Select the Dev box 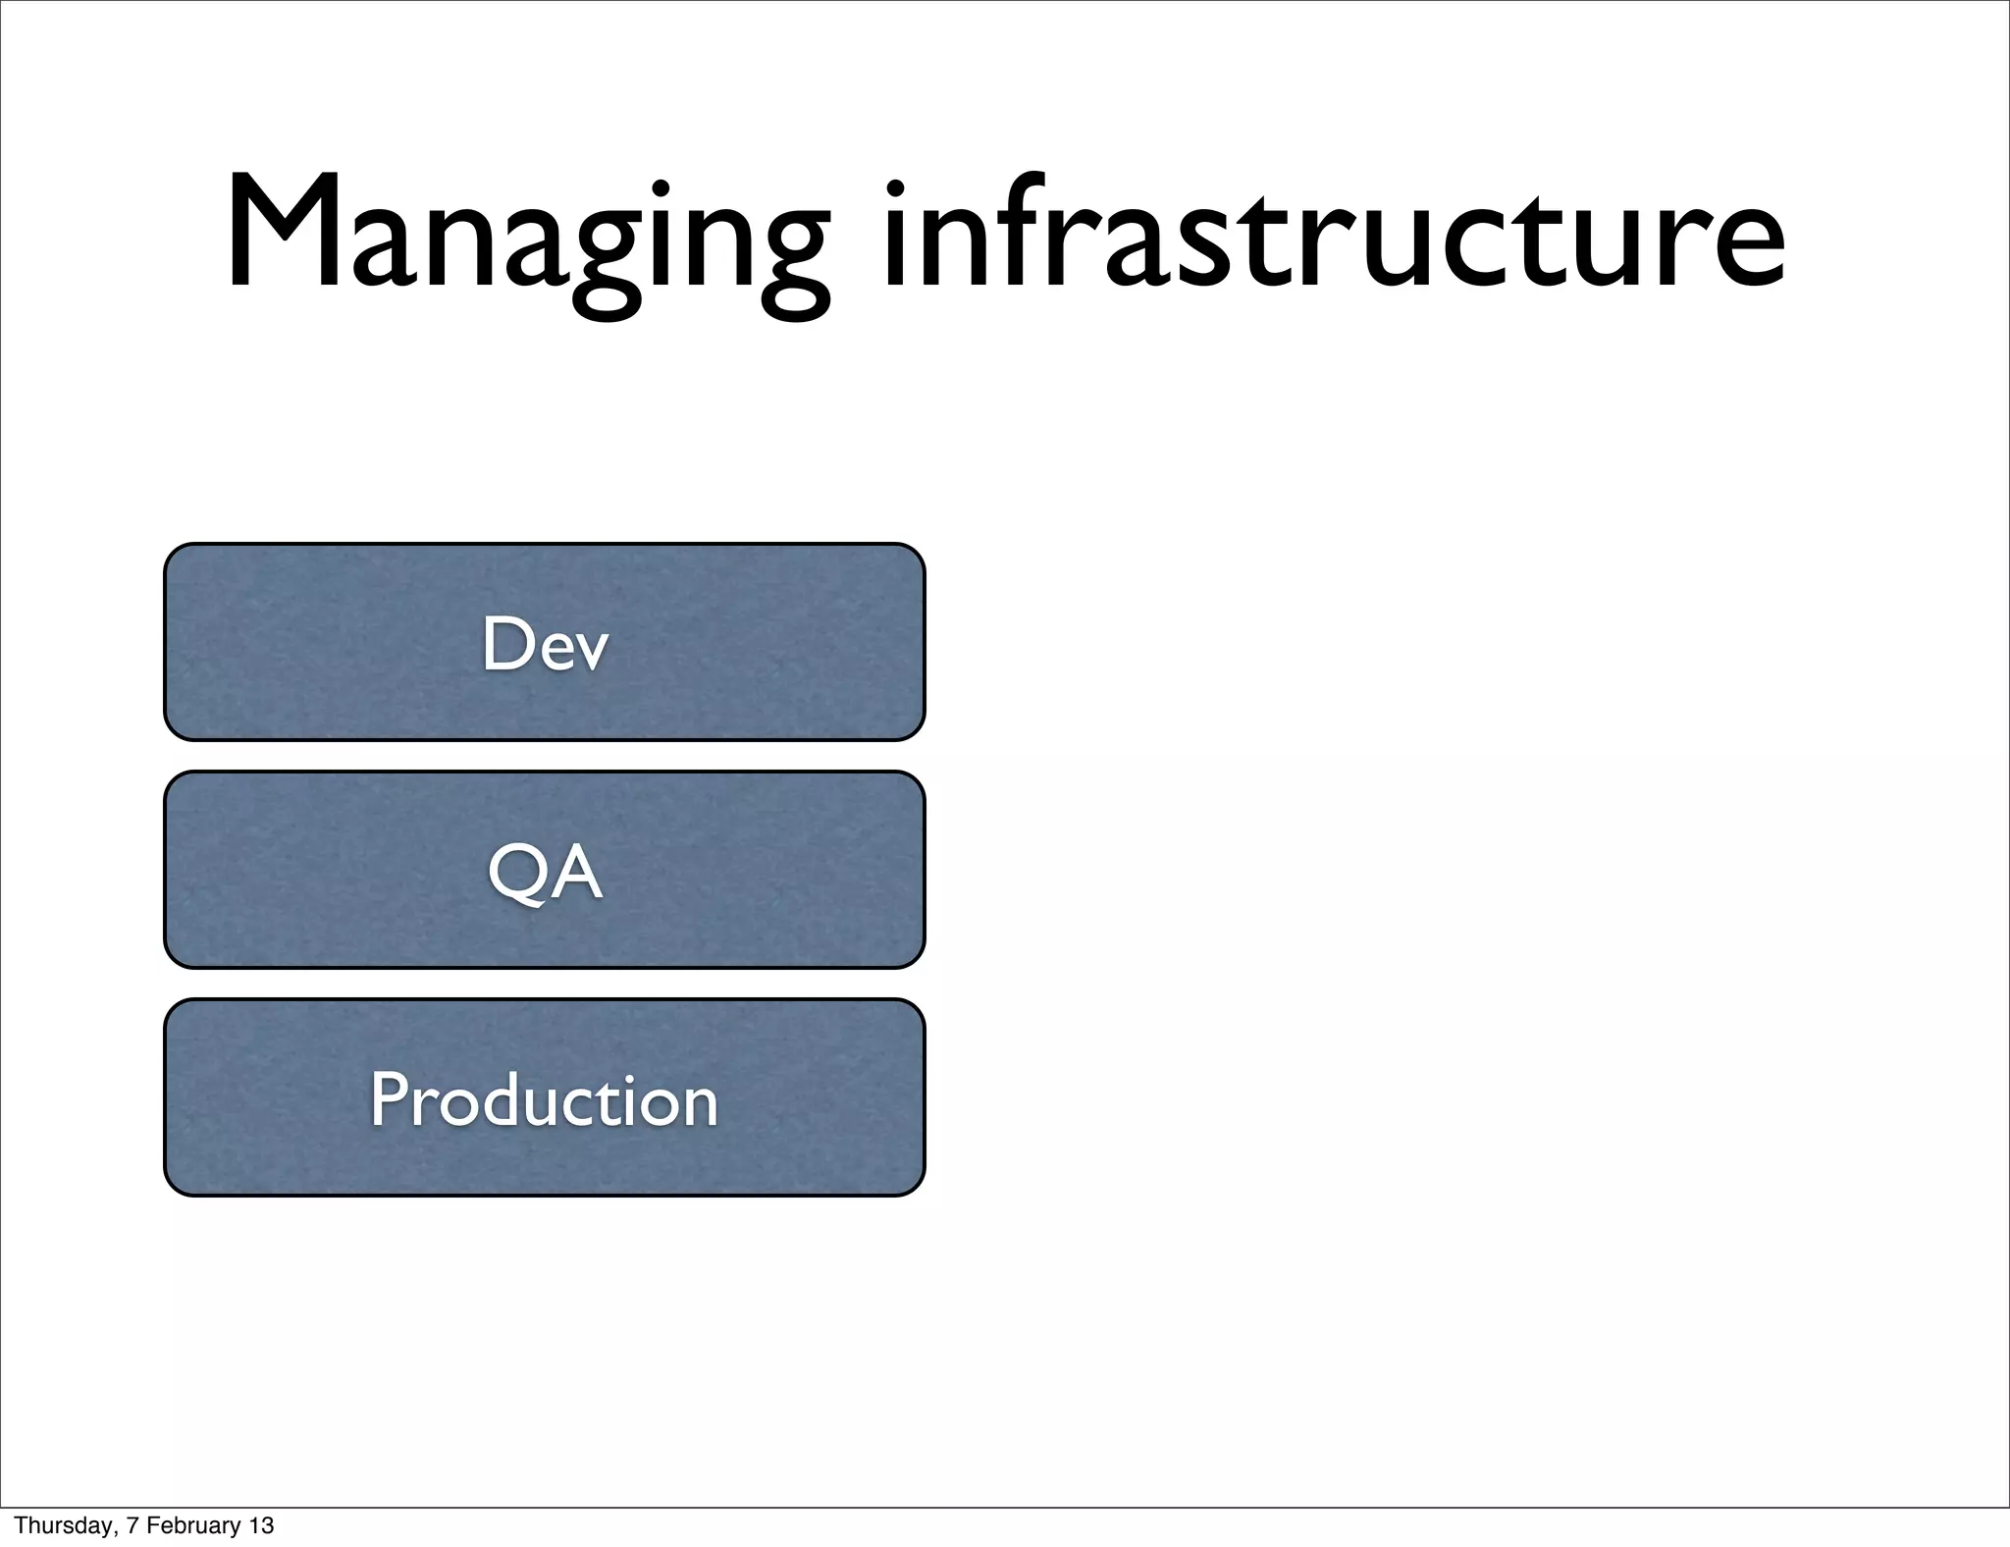[x=544, y=642]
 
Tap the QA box [x=544, y=870]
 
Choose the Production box [x=544, y=1097]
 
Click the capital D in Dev [x=504, y=644]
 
